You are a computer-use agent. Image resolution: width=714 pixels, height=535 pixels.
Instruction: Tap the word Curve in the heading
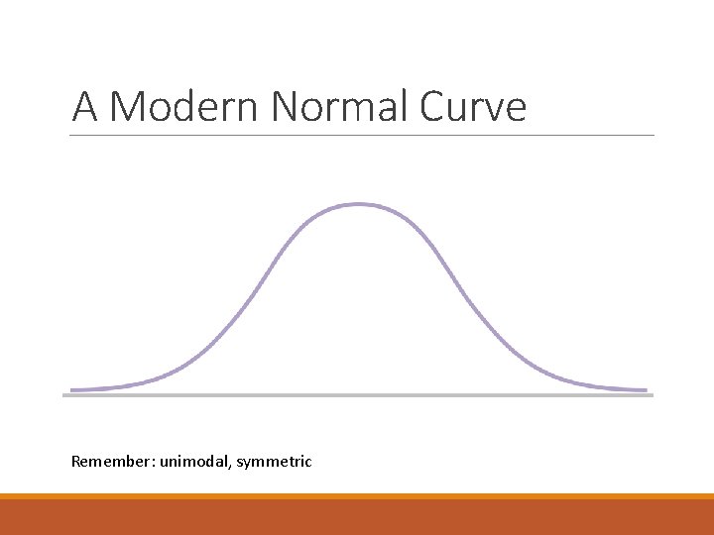click(x=473, y=107)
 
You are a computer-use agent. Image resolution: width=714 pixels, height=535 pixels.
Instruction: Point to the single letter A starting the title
click(x=85, y=107)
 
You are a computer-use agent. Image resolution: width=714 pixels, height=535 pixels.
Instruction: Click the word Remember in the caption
click(x=108, y=461)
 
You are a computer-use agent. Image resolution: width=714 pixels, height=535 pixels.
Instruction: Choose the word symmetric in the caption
click(x=276, y=462)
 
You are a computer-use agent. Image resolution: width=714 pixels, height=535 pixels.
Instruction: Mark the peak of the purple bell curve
click(x=358, y=204)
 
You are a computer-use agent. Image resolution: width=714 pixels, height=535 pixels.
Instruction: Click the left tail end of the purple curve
click(x=72, y=389)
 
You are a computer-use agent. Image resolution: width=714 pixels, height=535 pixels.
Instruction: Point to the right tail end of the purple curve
click(x=646, y=389)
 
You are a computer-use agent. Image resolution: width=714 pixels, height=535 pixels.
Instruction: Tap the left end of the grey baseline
click(x=65, y=395)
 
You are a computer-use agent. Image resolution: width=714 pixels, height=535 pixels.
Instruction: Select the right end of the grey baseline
click(x=653, y=395)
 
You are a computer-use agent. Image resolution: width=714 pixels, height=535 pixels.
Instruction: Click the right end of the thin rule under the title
click(x=654, y=135)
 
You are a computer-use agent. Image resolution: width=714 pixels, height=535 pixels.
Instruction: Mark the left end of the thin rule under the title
click(x=72, y=135)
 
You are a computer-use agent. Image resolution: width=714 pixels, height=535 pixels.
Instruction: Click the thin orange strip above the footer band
click(x=357, y=496)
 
